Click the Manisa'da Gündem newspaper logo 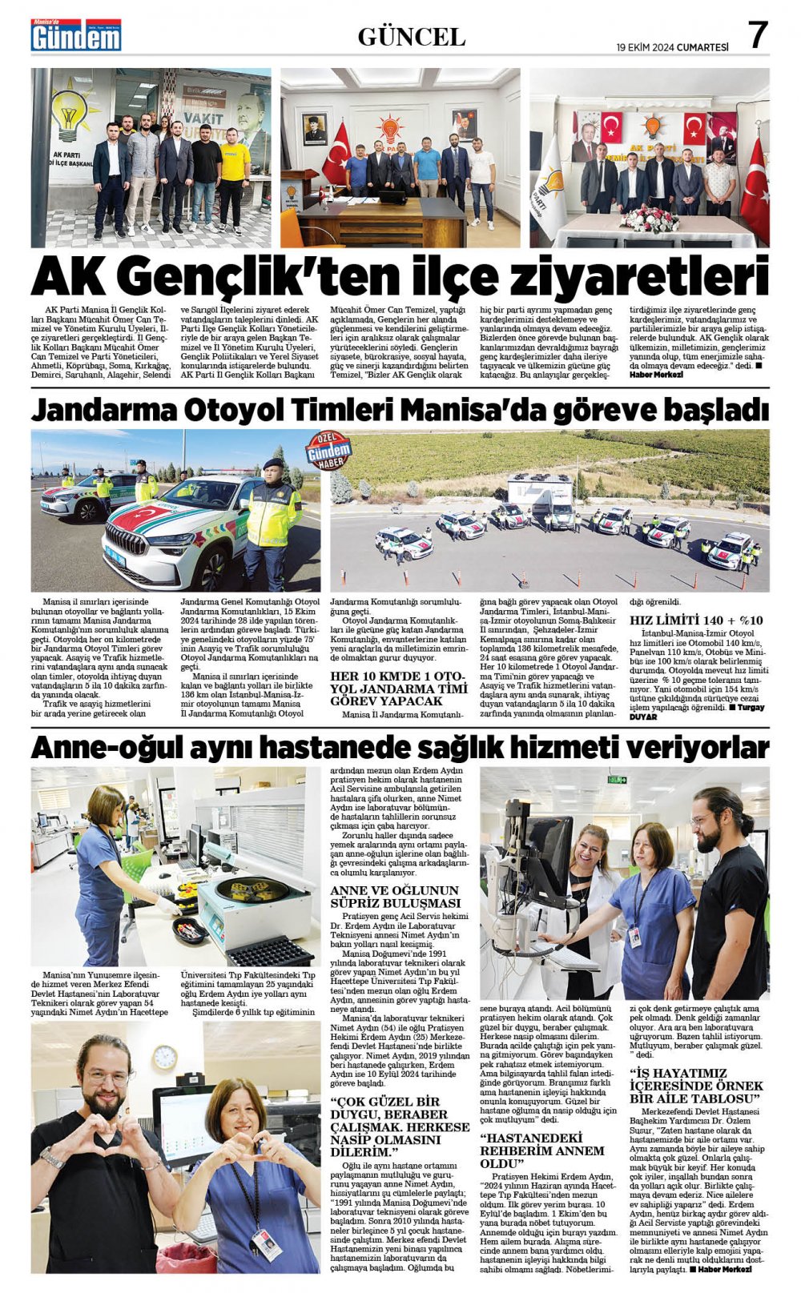(76, 35)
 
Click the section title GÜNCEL (411, 37)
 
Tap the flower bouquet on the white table (650, 218)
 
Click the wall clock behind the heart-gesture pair (164, 1058)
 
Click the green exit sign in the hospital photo (618, 779)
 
